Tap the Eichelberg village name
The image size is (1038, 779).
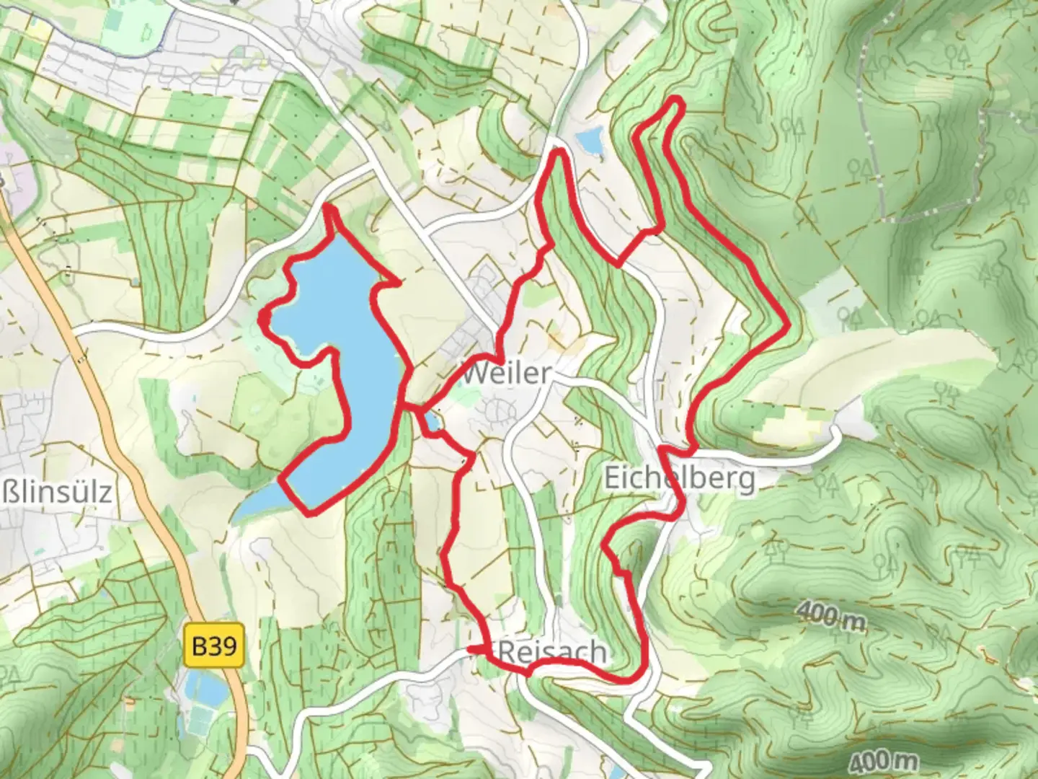pyautogui.click(x=680, y=478)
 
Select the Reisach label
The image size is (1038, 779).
pyautogui.click(x=552, y=652)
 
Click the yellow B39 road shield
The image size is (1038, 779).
pyautogui.click(x=215, y=646)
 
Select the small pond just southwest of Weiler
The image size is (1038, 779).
pyautogui.click(x=432, y=421)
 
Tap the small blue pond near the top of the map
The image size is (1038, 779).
pyautogui.click(x=590, y=141)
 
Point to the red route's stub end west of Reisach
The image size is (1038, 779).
pyautogui.click(x=471, y=650)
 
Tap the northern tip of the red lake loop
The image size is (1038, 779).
pyautogui.click(x=328, y=208)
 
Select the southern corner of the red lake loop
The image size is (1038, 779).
pyautogui.click(x=310, y=513)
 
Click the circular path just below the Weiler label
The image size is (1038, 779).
pyautogui.click(x=497, y=411)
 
